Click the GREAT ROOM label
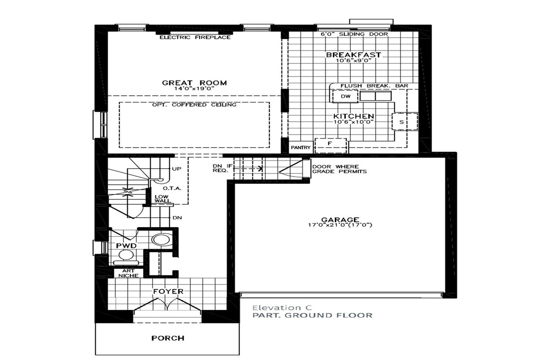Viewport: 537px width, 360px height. coord(194,83)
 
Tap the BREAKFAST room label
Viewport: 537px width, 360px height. coord(354,55)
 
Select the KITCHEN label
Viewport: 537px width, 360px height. coord(354,116)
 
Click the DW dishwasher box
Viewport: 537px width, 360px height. coord(345,97)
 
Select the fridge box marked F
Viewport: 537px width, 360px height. coord(331,145)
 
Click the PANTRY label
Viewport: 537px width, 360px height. coord(301,148)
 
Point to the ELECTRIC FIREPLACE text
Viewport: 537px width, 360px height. coord(195,38)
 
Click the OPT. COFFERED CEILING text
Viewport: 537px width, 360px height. coord(194,105)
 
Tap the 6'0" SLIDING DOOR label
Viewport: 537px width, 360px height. coord(354,34)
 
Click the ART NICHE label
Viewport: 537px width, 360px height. coord(128,273)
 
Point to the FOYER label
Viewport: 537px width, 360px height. coord(168,291)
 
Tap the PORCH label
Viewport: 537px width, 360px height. coord(168,338)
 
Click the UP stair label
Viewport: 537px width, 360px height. coord(177,169)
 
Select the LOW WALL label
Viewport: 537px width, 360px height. coord(162,199)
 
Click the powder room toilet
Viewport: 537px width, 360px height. coord(126,258)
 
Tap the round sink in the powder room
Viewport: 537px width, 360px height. coord(161,240)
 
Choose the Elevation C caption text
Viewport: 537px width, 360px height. coord(282,308)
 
